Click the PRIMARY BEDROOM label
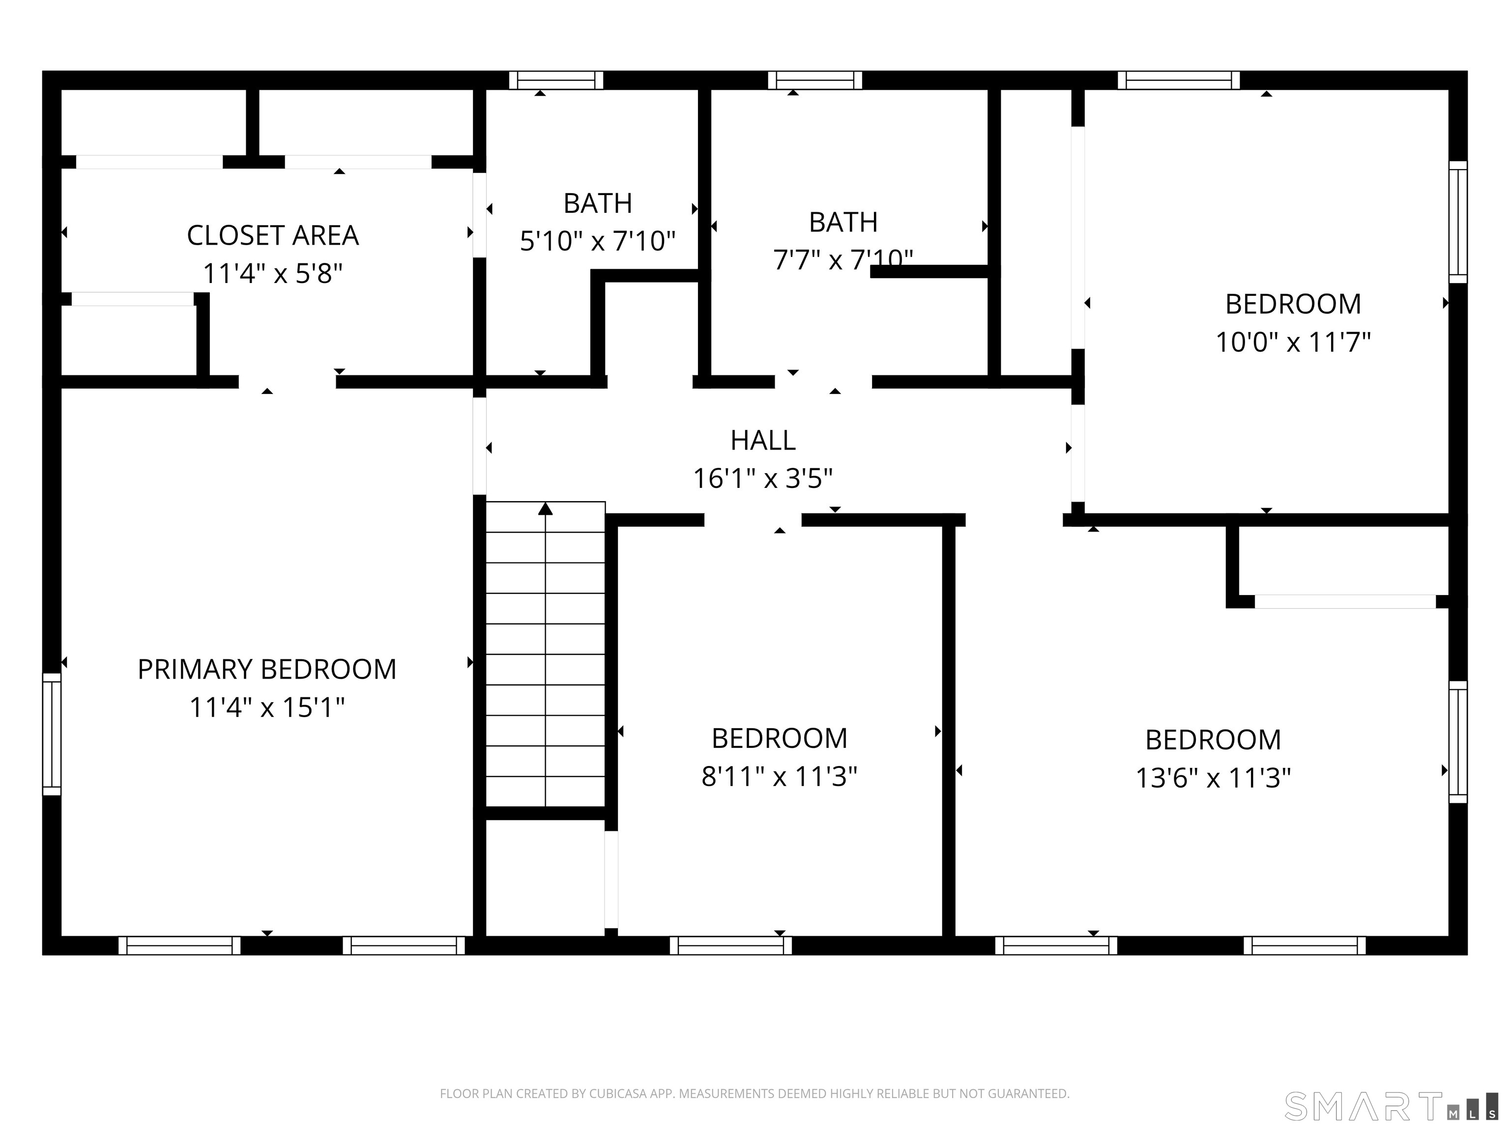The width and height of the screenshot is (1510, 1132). coord(267,669)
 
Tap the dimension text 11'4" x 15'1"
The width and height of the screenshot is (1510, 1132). coord(267,707)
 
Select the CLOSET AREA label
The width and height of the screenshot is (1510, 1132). coord(272,235)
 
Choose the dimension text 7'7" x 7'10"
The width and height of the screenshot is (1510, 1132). coord(842,260)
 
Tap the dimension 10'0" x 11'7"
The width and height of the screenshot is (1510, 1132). coord(1292,342)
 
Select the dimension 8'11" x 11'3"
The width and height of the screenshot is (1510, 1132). coord(779,776)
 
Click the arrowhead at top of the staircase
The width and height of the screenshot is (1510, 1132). coord(545,509)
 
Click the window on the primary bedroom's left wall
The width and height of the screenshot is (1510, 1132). coord(52,734)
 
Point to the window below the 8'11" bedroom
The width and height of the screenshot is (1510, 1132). coord(730,945)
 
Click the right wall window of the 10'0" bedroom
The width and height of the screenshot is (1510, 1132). coord(1457,222)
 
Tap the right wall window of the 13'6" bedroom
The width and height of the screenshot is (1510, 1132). coord(1457,742)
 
